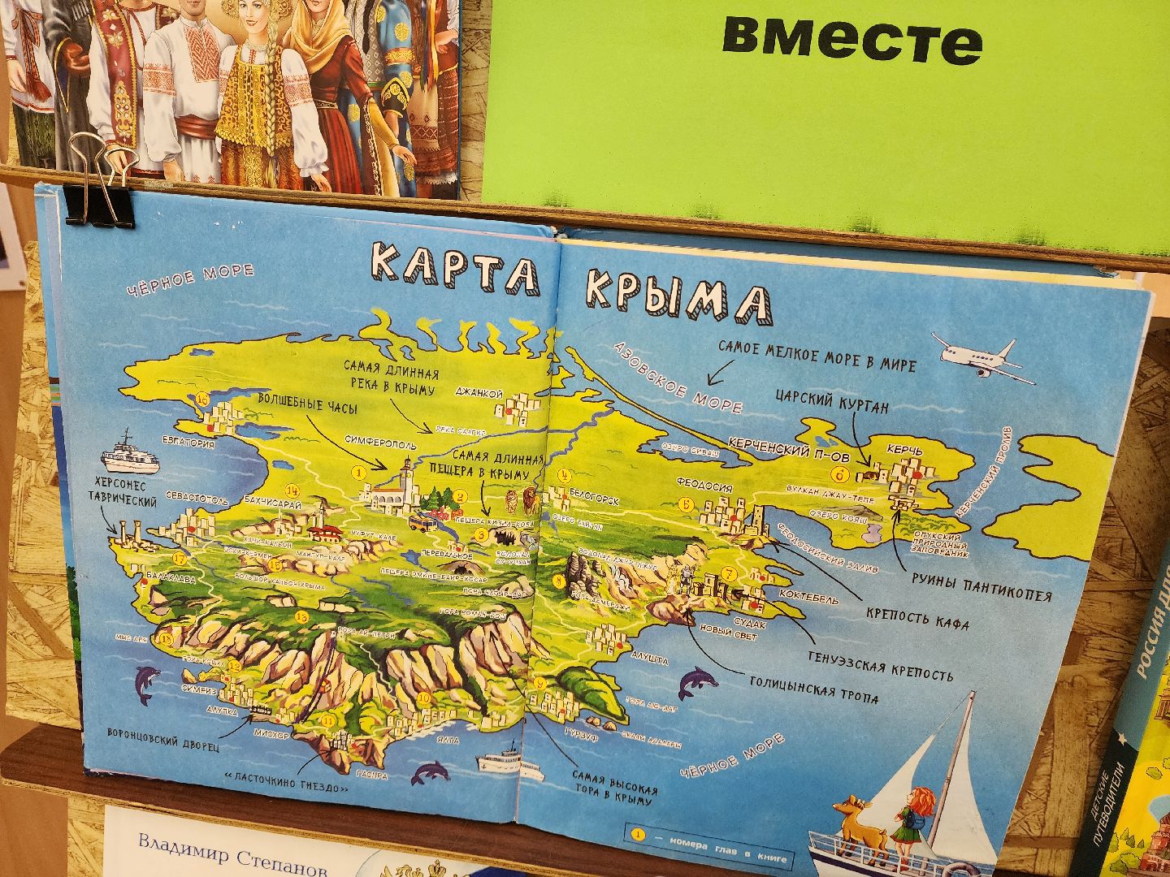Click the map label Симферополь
380,445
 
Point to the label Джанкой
480,394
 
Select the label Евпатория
188,443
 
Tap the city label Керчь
904,449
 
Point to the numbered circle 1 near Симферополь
356,471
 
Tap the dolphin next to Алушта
696,680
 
